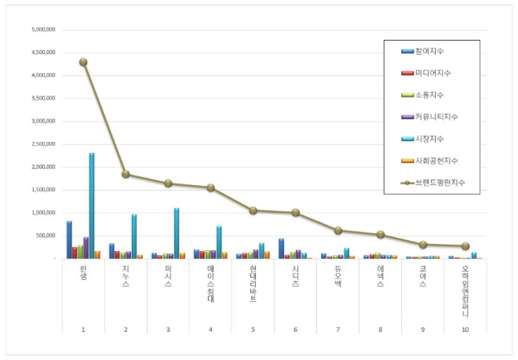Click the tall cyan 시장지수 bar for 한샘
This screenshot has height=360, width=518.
92,205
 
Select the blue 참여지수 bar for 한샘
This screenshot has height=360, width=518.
69,240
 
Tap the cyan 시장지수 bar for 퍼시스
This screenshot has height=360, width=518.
177,233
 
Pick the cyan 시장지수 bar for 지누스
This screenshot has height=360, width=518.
134,236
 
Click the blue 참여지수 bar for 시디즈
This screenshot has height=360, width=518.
281,249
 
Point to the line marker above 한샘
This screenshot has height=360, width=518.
83,62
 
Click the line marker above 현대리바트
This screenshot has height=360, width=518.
253,210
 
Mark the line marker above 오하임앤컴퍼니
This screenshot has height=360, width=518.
465,245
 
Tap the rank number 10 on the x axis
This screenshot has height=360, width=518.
465,329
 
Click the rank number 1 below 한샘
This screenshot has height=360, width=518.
83,329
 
